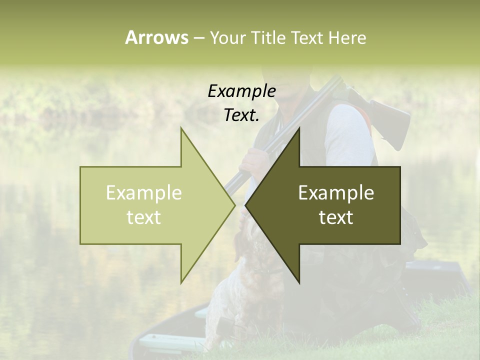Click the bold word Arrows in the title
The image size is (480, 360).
tap(156, 37)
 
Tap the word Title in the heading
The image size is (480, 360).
tap(267, 37)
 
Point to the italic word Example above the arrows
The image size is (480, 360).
tap(242, 91)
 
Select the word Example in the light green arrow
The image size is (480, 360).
tap(144, 193)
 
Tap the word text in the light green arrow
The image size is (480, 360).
tap(144, 217)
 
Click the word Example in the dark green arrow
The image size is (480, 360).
tap(336, 193)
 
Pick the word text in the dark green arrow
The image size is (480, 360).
tap(336, 217)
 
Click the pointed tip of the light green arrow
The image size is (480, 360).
tap(234, 205)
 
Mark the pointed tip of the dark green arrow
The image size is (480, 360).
tap(245, 205)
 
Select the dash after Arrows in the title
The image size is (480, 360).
tap(198, 38)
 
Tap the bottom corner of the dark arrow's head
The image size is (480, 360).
tap(299, 283)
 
